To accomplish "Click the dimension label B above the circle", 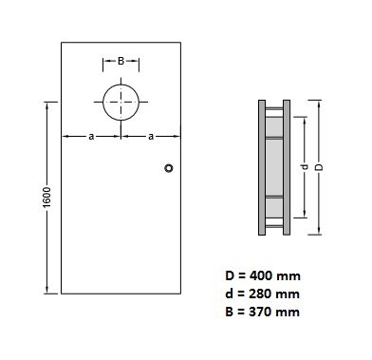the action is [x=121, y=61].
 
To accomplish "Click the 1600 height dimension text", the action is [x=46, y=198].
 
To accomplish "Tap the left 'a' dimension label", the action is [x=91, y=137].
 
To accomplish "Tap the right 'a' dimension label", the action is [x=151, y=137].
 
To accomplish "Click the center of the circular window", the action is [x=121, y=102].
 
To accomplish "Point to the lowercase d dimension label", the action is [x=305, y=166].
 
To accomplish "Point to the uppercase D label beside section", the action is [x=320, y=167].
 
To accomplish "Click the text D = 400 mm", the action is [x=263, y=275].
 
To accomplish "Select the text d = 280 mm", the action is [x=263, y=294].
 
